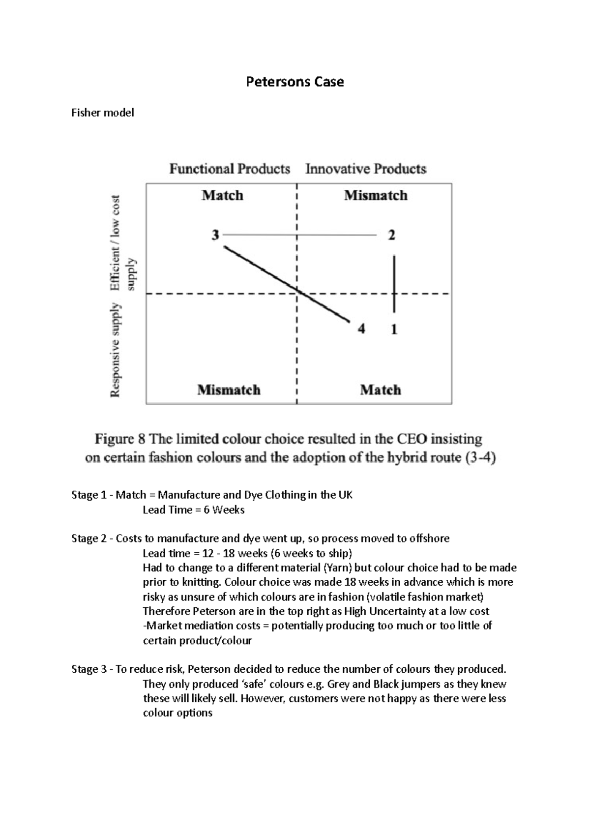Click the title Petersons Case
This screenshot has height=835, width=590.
point(295,82)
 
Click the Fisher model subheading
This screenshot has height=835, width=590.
point(102,113)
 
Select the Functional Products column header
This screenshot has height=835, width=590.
point(230,169)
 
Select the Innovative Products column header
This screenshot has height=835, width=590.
point(366,169)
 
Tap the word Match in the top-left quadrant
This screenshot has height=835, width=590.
point(222,196)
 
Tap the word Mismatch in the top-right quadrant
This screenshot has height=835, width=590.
point(376,196)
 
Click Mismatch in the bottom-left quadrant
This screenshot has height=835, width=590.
point(229,390)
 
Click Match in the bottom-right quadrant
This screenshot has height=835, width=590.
point(380,390)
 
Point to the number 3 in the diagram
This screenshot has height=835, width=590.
point(215,236)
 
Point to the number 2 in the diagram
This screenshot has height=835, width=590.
point(391,236)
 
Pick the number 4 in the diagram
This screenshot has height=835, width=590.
point(361,329)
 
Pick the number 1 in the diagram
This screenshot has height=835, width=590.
point(394,329)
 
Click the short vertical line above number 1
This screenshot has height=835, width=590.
point(394,275)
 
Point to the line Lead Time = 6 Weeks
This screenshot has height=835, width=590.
point(193,510)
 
